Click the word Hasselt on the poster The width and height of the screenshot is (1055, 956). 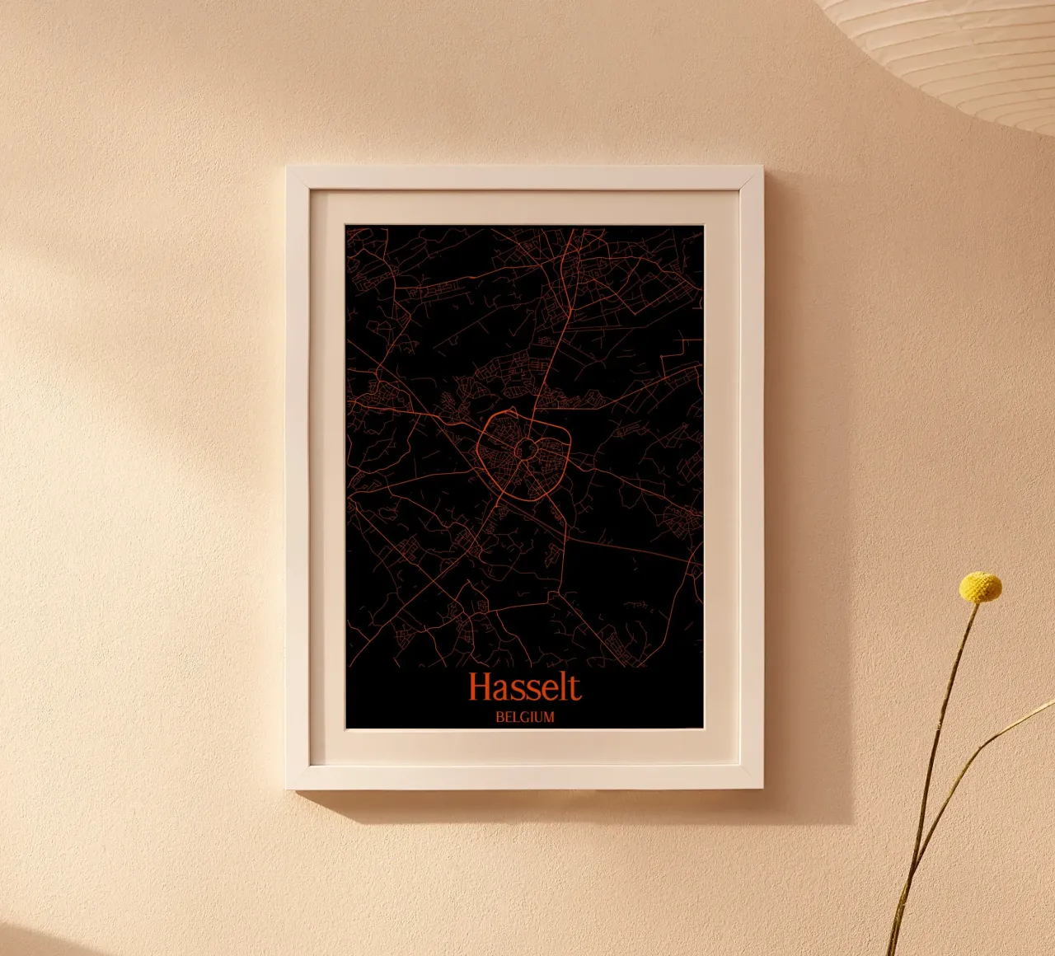point(525,687)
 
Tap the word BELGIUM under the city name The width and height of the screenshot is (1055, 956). point(525,717)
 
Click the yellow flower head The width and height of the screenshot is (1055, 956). point(980,587)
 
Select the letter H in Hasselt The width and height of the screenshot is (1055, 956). point(481,687)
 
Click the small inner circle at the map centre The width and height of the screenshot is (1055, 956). point(525,449)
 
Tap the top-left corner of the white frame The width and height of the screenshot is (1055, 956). point(288,169)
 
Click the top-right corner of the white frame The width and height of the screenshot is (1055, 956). point(761,169)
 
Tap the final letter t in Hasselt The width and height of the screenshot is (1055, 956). point(574,687)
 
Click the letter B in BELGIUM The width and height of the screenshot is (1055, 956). point(499,717)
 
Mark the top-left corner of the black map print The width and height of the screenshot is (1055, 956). point(347,226)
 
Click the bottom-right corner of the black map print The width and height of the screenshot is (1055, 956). point(703,728)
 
